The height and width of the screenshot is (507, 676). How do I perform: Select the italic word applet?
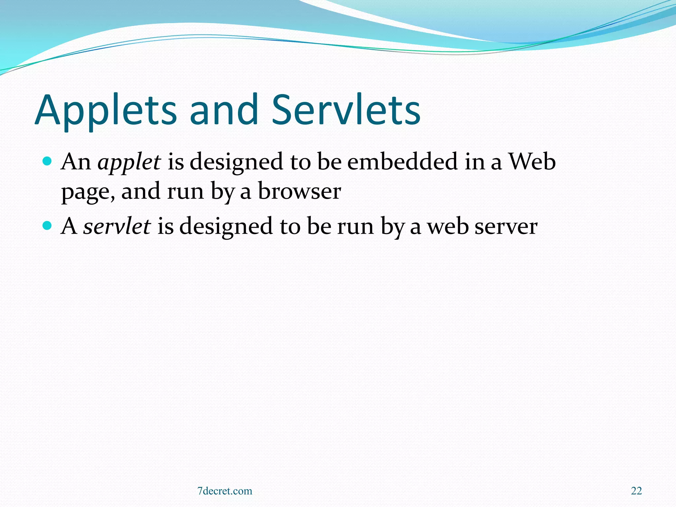click(x=129, y=162)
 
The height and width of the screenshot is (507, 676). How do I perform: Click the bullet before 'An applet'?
click(x=48, y=161)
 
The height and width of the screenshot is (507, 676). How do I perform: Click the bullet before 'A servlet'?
click(x=48, y=226)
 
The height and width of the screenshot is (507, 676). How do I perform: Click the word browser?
click(x=299, y=191)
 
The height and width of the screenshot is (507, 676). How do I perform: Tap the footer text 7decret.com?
click(x=224, y=491)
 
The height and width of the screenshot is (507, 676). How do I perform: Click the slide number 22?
click(x=636, y=491)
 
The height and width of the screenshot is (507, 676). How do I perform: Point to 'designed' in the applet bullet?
click(x=236, y=163)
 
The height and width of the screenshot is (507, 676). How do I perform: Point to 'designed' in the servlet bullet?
click(x=226, y=227)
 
